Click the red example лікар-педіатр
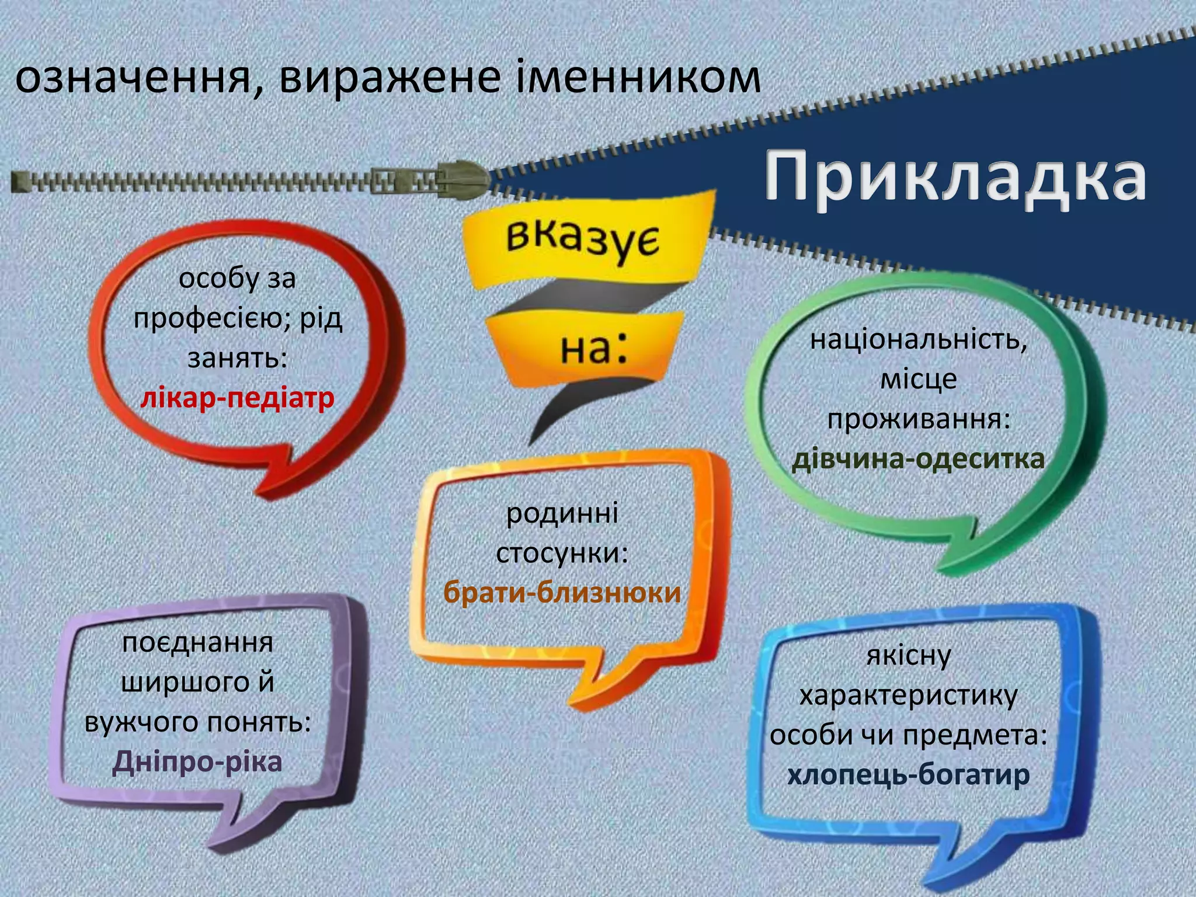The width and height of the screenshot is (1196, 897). pyautogui.click(x=237, y=398)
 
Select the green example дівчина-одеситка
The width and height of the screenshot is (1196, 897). pyautogui.click(x=917, y=459)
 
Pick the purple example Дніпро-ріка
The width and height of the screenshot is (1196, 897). pyautogui.click(x=197, y=762)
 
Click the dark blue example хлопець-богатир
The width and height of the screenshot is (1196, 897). pyautogui.click(x=908, y=776)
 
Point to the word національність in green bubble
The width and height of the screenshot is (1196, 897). pyautogui.click(x=918, y=340)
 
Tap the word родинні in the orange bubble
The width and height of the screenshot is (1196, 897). pyautogui.click(x=562, y=514)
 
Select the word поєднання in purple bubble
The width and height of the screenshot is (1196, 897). pyautogui.click(x=197, y=642)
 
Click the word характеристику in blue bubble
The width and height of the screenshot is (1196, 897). pyautogui.click(x=908, y=696)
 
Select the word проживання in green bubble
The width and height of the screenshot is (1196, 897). pyautogui.click(x=918, y=419)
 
